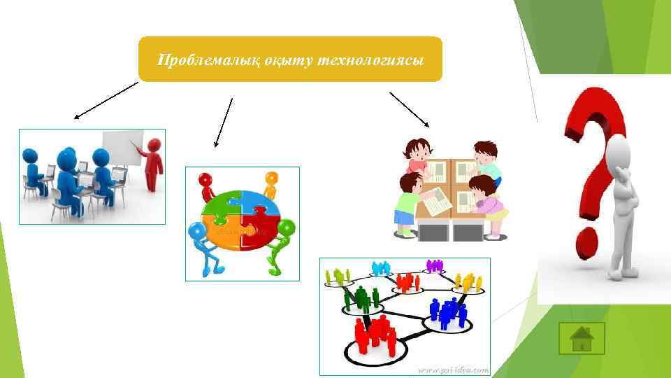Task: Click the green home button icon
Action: (582, 339)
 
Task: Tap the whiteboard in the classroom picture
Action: (122, 146)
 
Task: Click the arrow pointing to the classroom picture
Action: (105, 100)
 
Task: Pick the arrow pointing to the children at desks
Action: (409, 108)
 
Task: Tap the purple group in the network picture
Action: (435, 265)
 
